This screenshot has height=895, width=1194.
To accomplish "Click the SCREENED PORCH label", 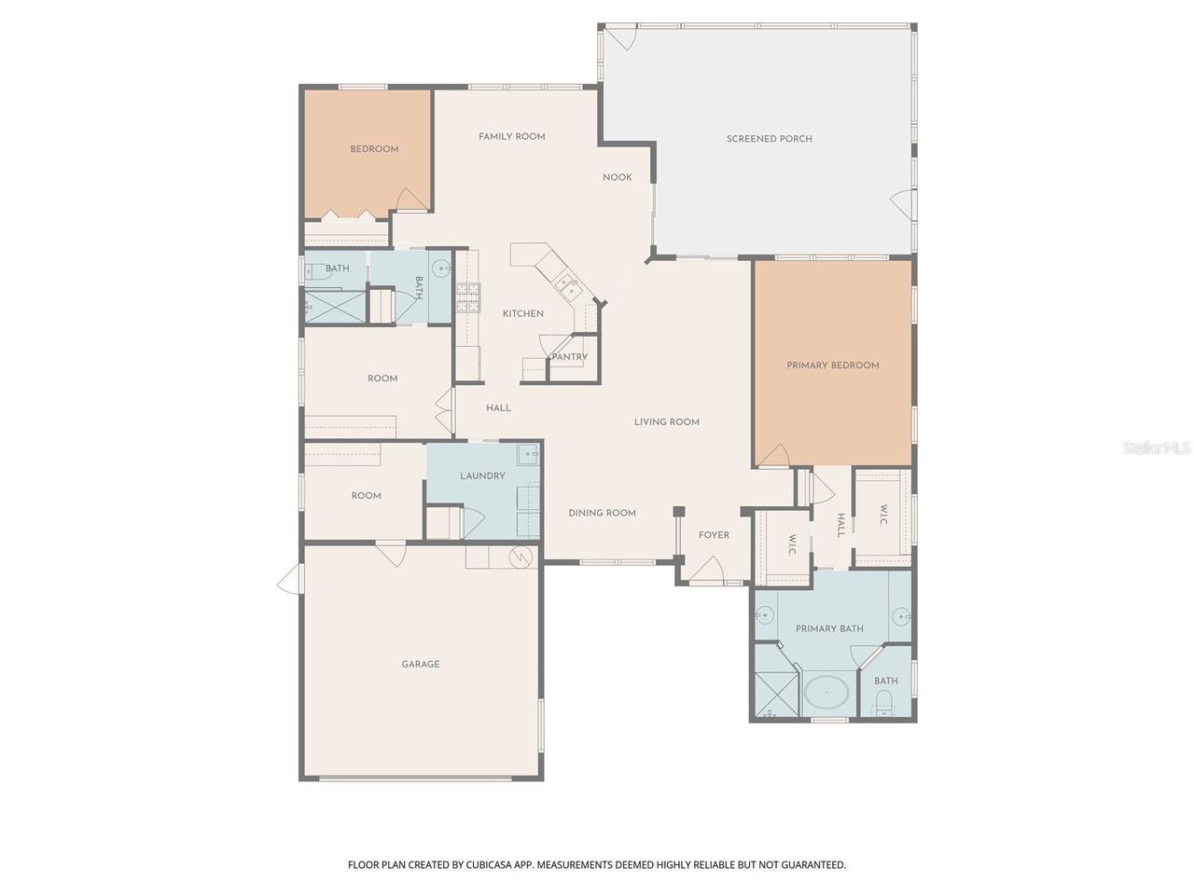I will coord(769,139).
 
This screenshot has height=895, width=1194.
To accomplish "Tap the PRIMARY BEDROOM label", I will coord(832,365).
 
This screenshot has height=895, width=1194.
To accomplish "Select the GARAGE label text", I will coord(420,665).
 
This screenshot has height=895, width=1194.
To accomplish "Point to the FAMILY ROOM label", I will coord(511,137).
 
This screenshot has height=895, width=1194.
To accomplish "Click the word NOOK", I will coord(617,178).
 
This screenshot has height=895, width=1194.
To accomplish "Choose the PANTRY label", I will coord(570,357).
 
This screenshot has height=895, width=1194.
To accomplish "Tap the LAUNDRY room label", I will coord(482,476).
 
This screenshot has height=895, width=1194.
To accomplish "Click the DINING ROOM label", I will coord(602,513).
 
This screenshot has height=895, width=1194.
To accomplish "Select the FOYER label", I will coord(714,535).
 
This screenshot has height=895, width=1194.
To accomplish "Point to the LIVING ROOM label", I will coord(666,422).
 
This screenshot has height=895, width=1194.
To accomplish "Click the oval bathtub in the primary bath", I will coord(826,694).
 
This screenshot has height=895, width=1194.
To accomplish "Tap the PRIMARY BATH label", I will coord(828,629).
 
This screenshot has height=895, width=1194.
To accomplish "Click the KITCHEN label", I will coord(522,314).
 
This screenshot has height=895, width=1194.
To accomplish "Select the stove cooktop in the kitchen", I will coord(466,296).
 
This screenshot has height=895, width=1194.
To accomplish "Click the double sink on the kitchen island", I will coord(567,282).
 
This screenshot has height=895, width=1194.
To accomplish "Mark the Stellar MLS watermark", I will coord(1157,448).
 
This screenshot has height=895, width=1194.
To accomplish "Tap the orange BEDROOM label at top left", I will coord(374,149).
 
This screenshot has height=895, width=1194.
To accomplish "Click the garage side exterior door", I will coord(290,579).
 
